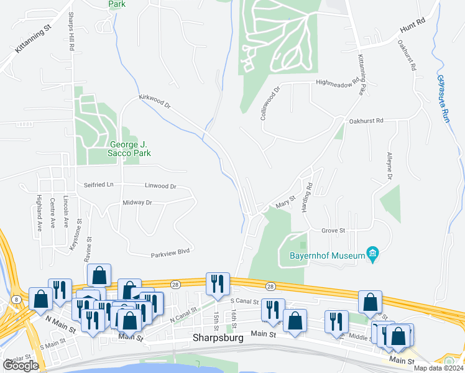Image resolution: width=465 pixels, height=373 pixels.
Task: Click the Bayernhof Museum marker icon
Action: [x=372, y=254]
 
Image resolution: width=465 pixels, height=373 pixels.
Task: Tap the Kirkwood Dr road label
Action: [x=154, y=102]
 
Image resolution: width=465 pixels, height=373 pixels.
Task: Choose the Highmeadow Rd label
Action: [x=338, y=82]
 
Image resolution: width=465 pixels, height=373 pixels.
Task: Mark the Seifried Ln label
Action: [x=99, y=185]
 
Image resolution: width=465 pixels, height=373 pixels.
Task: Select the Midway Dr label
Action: [x=137, y=203]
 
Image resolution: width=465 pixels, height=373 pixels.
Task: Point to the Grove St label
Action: [x=333, y=231]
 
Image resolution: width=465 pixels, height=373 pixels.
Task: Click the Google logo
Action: [x=21, y=366]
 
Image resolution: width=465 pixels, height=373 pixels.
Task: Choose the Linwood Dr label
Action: [x=160, y=186]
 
